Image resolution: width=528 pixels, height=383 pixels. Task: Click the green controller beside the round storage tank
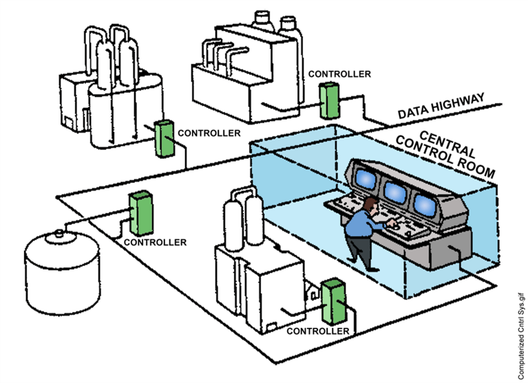[140, 212]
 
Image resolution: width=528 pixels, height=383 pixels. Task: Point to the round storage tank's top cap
[59, 232]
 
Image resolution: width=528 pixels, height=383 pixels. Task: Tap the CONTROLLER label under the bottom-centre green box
[317, 331]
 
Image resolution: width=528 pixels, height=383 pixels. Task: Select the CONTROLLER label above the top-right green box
[339, 74]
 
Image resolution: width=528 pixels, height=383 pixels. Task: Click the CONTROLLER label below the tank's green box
[155, 242]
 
